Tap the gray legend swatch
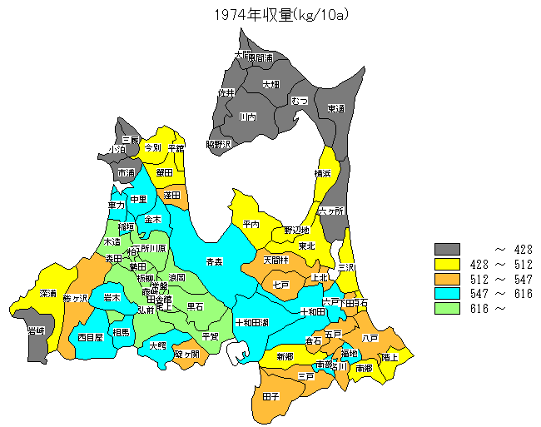coord(447,249)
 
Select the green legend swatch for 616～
coord(447,309)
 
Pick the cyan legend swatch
coord(447,294)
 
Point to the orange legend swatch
coord(447,279)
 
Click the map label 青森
coord(214,261)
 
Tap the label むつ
coord(300,101)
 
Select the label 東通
coord(335,109)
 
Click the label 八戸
coord(370,338)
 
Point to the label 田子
coord(270,398)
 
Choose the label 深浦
coord(47,294)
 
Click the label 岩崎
coord(36,330)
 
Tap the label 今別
coord(152,146)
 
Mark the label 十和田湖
coord(251,321)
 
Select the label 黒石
coord(195,306)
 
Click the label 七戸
coord(280,285)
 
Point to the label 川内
coord(247,117)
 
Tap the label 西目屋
coord(89,337)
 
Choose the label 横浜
coord(323,173)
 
